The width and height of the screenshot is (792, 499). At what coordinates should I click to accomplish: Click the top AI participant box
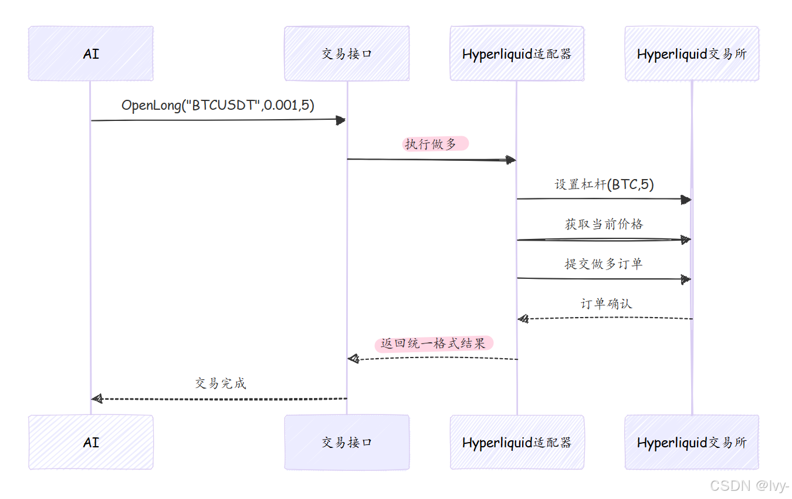(x=91, y=53)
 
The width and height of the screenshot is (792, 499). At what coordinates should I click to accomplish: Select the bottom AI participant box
(x=91, y=442)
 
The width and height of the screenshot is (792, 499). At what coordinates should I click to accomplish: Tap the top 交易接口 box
(x=347, y=53)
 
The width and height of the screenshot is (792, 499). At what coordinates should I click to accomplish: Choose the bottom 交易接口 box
(x=347, y=442)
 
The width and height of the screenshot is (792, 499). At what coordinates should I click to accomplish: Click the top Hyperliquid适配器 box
(x=517, y=53)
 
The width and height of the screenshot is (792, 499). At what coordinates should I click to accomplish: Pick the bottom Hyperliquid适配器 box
(x=517, y=442)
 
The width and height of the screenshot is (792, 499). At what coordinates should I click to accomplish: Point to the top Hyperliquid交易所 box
(x=692, y=53)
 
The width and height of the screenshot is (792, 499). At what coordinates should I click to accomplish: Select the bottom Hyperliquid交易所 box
(x=692, y=442)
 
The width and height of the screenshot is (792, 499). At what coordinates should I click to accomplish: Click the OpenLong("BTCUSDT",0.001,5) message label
(x=218, y=105)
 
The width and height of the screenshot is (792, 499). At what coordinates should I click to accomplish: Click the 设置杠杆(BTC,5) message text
(x=604, y=184)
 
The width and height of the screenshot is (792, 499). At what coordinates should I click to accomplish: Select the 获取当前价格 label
(x=604, y=224)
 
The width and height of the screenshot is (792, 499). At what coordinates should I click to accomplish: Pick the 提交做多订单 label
(x=604, y=264)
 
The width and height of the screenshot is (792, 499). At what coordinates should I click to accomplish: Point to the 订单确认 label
(x=607, y=304)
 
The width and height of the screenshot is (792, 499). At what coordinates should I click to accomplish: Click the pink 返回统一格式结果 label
(x=433, y=343)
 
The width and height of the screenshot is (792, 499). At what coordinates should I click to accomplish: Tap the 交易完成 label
(x=221, y=383)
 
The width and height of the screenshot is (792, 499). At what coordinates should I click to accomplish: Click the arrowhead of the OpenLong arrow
(x=340, y=120)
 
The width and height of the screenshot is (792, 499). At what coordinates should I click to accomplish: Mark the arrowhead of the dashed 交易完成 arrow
(x=97, y=399)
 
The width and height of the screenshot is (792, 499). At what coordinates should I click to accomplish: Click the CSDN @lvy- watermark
(x=749, y=485)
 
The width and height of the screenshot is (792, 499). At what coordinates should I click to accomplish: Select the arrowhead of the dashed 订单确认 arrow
(x=523, y=319)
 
